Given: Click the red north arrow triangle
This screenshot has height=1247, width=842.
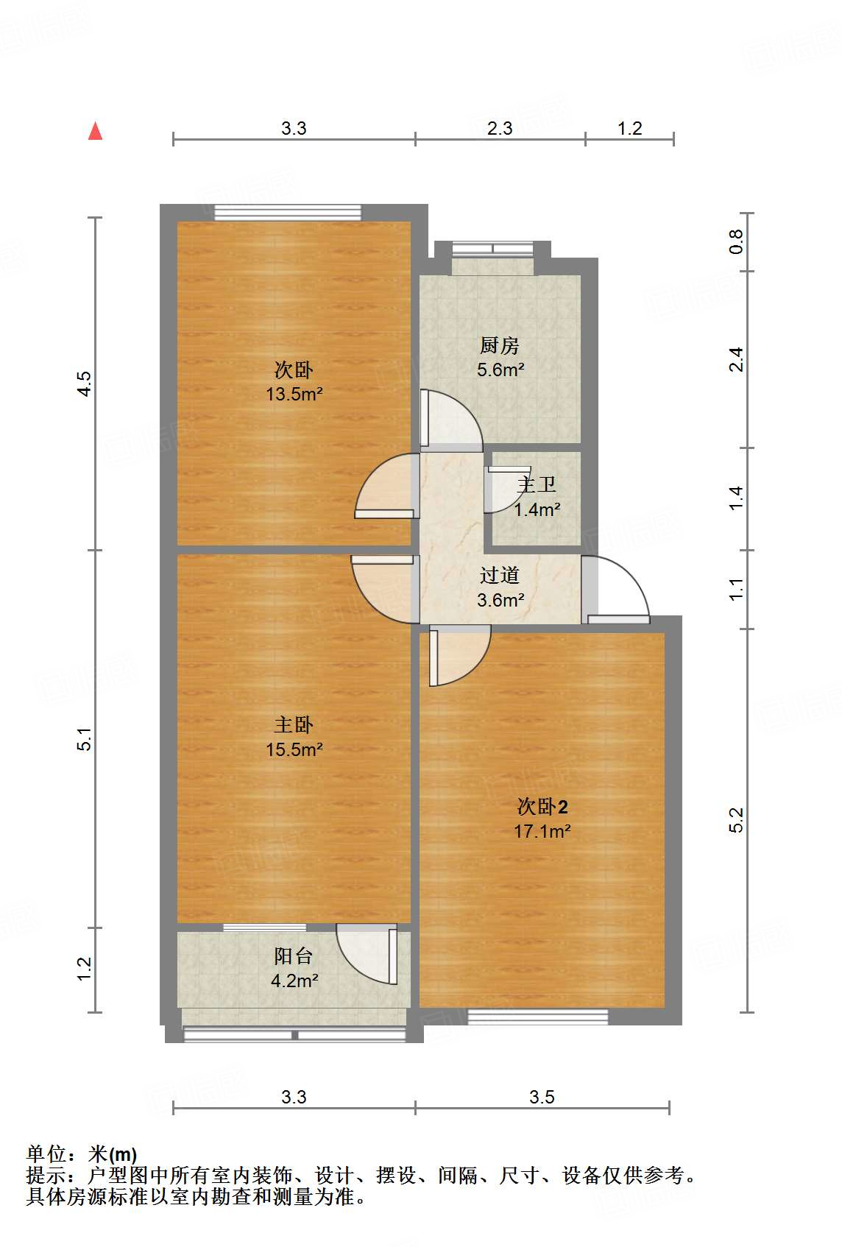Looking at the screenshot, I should click(x=95, y=131).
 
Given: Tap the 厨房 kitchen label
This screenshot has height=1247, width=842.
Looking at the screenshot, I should click(x=500, y=345).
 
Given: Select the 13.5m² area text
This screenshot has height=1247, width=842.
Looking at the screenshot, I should click(x=294, y=394).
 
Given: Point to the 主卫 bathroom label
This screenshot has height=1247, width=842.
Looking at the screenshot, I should click(x=537, y=484).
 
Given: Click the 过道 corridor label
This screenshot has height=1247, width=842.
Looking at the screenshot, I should click(x=500, y=575).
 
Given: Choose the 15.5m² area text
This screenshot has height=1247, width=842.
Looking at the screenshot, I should click(x=294, y=749).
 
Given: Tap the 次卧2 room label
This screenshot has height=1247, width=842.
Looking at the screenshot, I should click(x=542, y=807).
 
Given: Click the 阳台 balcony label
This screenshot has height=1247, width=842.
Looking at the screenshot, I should click(x=294, y=955).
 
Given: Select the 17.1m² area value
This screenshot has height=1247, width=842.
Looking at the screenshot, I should click(x=542, y=831).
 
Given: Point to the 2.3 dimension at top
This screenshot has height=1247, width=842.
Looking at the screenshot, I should click(x=500, y=128).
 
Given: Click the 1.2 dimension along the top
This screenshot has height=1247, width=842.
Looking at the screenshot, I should click(x=629, y=128).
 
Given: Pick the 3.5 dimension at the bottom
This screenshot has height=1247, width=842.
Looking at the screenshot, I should click(x=542, y=1097).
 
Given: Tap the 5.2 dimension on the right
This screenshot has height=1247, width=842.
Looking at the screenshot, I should click(x=736, y=820).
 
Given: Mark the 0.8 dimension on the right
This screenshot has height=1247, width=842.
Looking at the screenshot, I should click(x=736, y=241).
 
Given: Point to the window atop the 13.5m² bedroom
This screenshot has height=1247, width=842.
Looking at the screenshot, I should click(x=288, y=213).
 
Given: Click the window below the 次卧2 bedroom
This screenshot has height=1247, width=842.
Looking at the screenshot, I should click(x=538, y=1017).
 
